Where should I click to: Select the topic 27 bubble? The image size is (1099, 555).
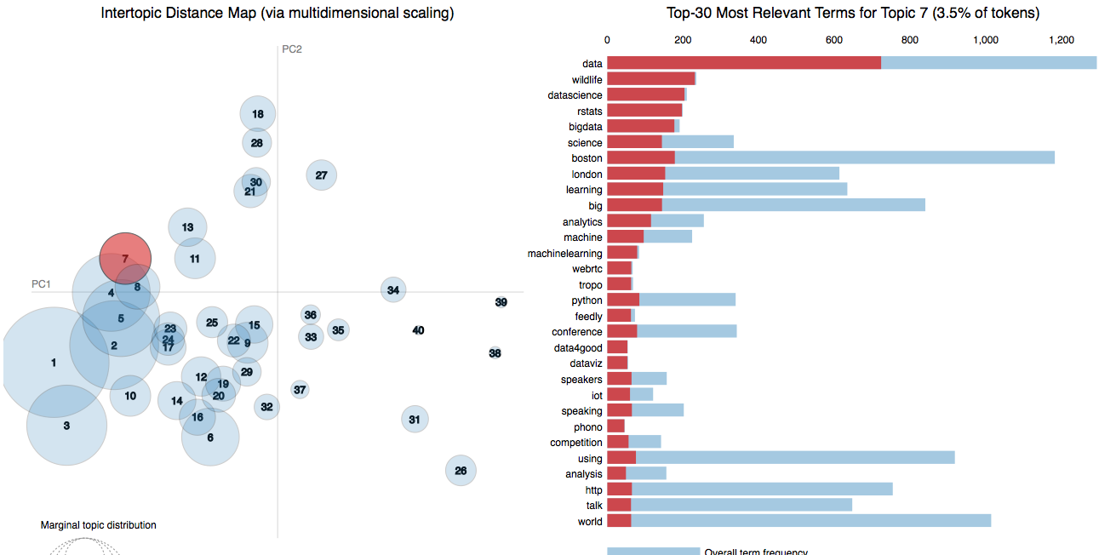[321, 175]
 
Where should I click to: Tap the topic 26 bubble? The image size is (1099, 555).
[461, 470]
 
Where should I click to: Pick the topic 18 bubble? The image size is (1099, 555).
[257, 114]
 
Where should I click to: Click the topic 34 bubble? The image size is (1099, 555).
[392, 290]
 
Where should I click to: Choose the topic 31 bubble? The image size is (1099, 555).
[415, 419]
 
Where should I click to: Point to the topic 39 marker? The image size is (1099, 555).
[501, 302]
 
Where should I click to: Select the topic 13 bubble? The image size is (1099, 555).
[187, 227]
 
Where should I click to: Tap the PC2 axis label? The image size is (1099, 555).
[292, 49]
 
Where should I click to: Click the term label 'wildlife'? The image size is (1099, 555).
[587, 79]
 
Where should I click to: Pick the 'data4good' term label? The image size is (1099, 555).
[578, 347]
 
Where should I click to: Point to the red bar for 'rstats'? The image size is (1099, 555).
[644, 111]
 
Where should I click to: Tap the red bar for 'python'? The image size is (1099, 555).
[623, 300]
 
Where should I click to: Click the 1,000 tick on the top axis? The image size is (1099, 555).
[985, 40]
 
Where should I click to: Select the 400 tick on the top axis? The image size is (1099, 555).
[758, 40]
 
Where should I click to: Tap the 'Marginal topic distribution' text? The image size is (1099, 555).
[98, 525]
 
